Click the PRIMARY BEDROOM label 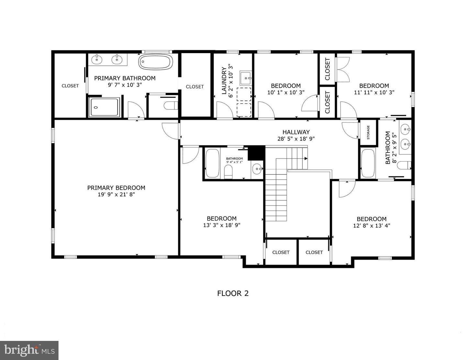116,188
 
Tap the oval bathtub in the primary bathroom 155,62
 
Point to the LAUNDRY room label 224,81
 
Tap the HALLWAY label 296,132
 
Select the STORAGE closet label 368,132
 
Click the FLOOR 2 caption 233,293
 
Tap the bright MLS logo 29,350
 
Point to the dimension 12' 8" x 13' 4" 372,226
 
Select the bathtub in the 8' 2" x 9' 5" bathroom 368,163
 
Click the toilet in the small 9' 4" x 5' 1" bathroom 228,172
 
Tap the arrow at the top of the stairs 305,159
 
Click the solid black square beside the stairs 257,153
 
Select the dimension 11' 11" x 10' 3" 374,92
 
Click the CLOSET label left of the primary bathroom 70,86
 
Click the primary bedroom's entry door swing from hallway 170,131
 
